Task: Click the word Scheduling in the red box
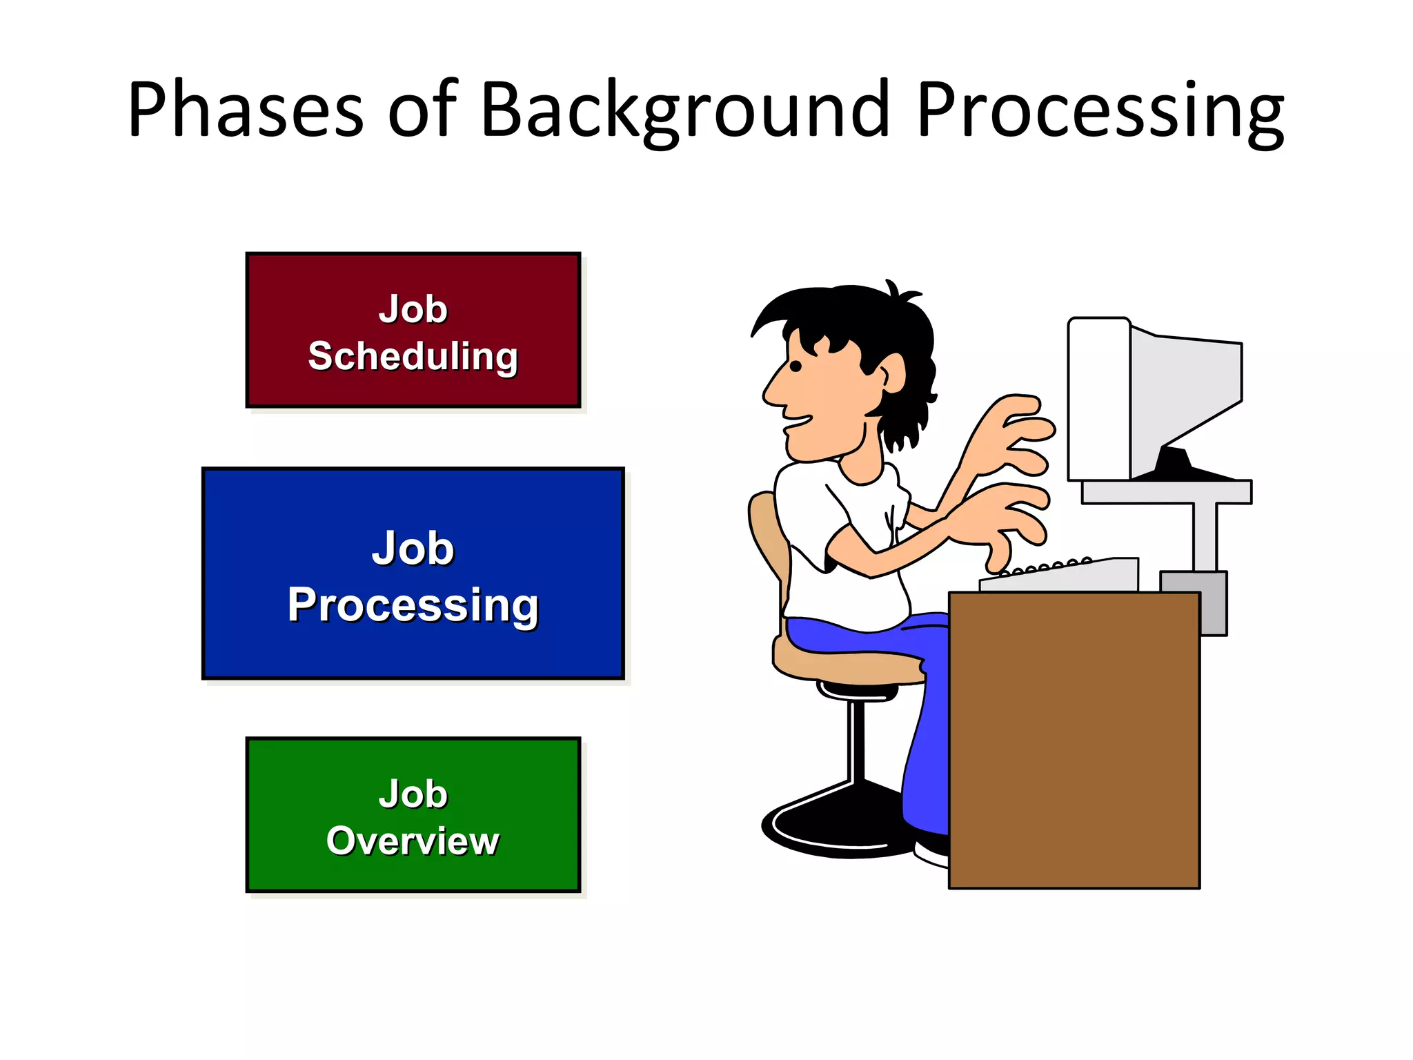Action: pyautogui.click(x=413, y=357)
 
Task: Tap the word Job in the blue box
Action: pyautogui.click(x=413, y=549)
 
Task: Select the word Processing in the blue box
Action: pyautogui.click(x=413, y=605)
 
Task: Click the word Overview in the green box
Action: pyautogui.click(x=413, y=841)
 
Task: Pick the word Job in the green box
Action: pyautogui.click(x=413, y=794)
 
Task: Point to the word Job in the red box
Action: pyautogui.click(x=413, y=308)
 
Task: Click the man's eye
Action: pyautogui.click(x=796, y=366)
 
